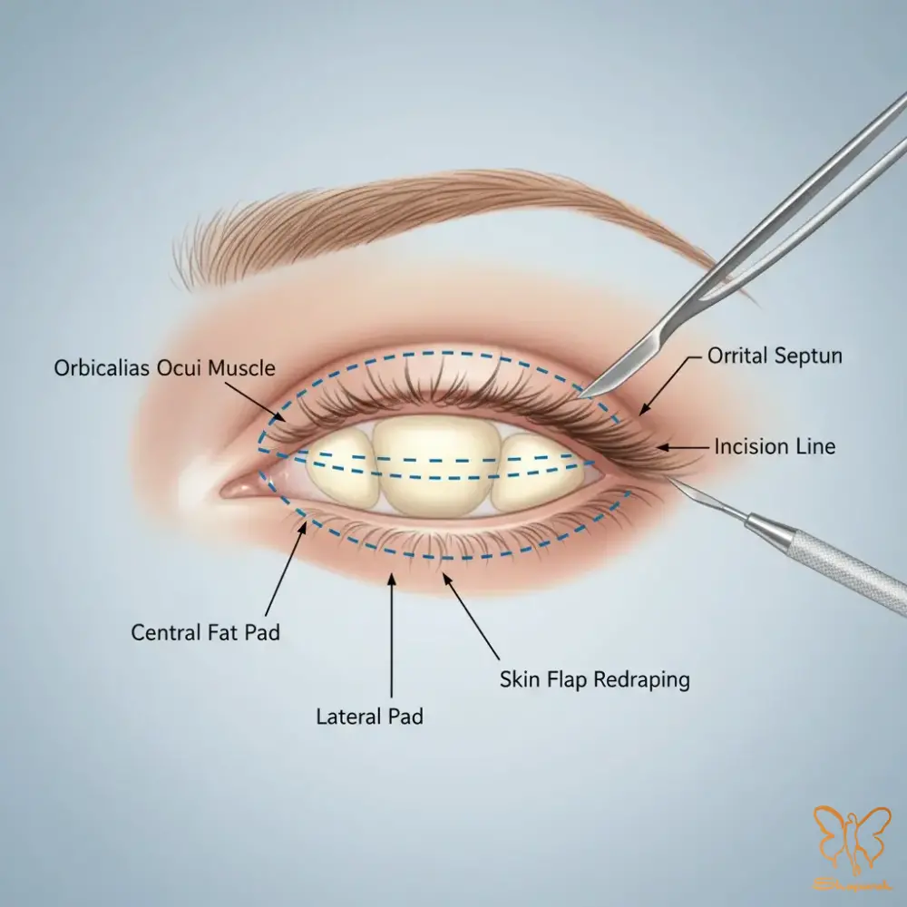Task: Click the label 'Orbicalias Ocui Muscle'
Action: (163, 368)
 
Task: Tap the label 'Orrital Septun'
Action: (775, 356)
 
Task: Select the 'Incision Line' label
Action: (775, 446)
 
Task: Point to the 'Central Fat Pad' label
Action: (206, 632)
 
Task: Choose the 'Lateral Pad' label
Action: (369, 717)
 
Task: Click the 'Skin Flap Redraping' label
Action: (594, 679)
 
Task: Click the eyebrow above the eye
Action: (435, 218)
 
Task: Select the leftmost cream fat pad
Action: (341, 468)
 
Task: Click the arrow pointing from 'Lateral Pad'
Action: (392, 635)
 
